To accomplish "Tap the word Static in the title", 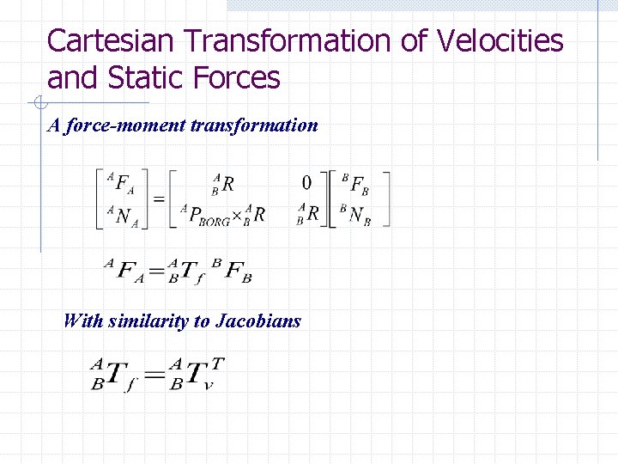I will coord(140,78).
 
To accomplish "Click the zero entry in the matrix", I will coord(306,182).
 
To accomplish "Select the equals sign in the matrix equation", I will coord(159,198).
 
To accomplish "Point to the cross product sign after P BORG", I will coord(236,216).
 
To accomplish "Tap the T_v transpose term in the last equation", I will coord(200,373).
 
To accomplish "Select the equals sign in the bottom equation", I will coord(154,375).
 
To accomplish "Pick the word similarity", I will coord(148,321).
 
